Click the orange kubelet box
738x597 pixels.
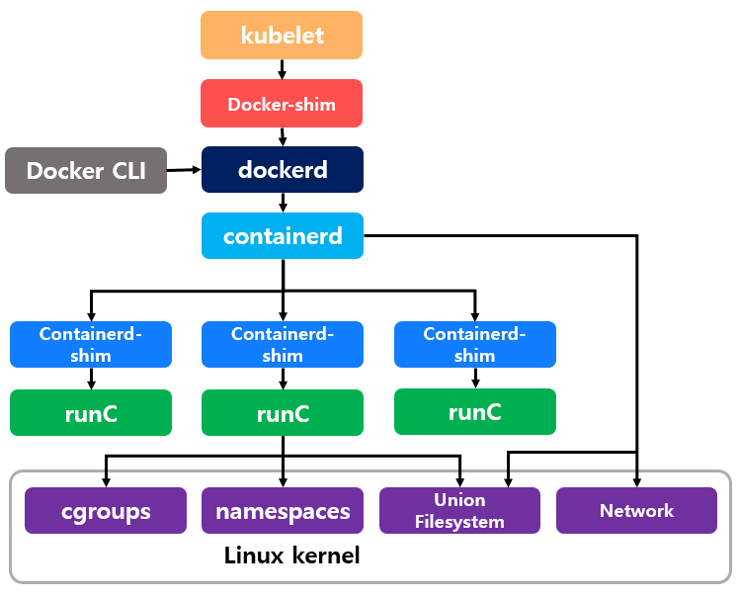click(282, 36)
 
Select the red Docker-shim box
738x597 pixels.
click(282, 104)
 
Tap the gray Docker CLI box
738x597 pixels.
click(86, 170)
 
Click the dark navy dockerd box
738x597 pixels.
click(283, 170)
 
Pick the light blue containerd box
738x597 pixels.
click(283, 236)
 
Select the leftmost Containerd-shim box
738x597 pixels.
click(91, 344)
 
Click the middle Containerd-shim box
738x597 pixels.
click(283, 344)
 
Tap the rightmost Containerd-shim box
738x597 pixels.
click(474, 344)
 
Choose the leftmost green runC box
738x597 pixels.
click(91, 413)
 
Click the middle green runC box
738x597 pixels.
click(283, 413)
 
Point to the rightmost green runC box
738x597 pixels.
click(474, 412)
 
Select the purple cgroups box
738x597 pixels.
click(105, 511)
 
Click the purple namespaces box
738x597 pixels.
click(283, 511)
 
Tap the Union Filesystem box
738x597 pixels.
click(459, 511)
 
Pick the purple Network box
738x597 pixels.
click(636, 511)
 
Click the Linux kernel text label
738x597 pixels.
click(292, 555)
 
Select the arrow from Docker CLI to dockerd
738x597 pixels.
click(185, 170)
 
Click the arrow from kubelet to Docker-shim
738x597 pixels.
click(283, 70)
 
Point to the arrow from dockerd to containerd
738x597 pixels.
click(283, 203)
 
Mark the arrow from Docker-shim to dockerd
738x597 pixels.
click(283, 137)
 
